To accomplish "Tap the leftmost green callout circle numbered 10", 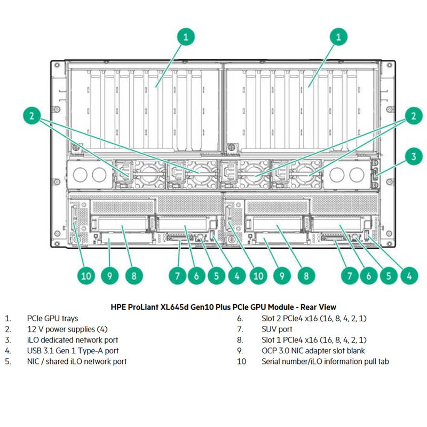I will click(x=86, y=276).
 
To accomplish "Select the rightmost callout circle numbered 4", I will click(x=409, y=276).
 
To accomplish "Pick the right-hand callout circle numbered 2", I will click(x=413, y=115).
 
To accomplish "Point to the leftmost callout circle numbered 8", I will click(x=134, y=276).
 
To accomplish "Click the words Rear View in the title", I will click(x=318, y=307).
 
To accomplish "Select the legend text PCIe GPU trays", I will click(x=52, y=318).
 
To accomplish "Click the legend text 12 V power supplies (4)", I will click(x=67, y=329).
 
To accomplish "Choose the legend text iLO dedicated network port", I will click(x=73, y=339).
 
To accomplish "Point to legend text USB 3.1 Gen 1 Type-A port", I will click(x=73, y=351).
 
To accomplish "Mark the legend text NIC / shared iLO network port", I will click(x=77, y=361).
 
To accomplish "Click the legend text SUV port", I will click(x=277, y=329).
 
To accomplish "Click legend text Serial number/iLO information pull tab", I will click(x=325, y=361).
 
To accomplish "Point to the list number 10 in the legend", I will click(x=242, y=361).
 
